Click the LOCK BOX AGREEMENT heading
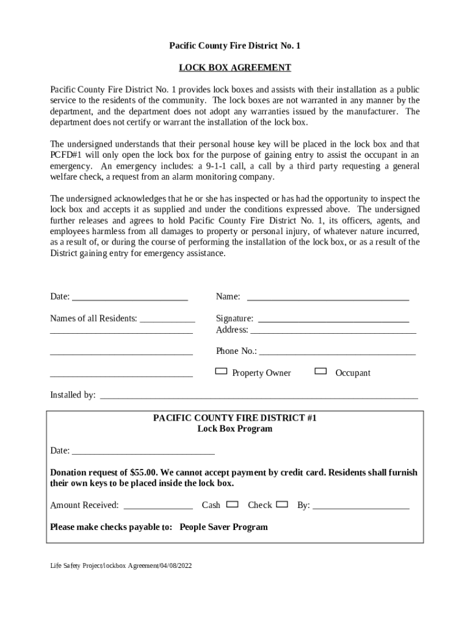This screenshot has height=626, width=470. [234, 68]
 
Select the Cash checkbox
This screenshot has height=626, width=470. [232, 504]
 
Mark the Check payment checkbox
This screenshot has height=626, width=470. [281, 504]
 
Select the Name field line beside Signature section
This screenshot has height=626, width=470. [327, 298]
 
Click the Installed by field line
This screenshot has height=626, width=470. [259, 396]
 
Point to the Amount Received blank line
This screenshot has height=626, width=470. [158, 507]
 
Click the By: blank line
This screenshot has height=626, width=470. [361, 507]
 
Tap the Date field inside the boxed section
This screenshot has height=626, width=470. [143, 452]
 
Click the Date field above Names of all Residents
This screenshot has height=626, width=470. [129, 298]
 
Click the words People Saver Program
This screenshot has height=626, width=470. [223, 527]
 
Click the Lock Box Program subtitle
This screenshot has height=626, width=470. [234, 429]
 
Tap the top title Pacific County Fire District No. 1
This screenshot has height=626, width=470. [234, 46]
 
